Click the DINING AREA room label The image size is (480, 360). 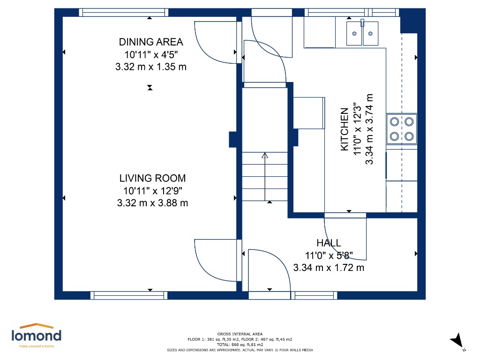pyautogui.click(x=151, y=42)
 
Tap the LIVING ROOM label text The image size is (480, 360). pyautogui.click(x=152, y=178)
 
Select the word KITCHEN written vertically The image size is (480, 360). pyautogui.click(x=345, y=129)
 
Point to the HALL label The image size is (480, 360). pyautogui.click(x=329, y=243)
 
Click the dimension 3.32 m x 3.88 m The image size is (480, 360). pyautogui.click(x=152, y=203)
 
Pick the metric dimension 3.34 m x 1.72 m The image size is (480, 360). pyautogui.click(x=329, y=268)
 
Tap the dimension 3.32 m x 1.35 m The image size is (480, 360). pyautogui.click(x=151, y=67)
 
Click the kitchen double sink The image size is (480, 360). pyautogui.click(x=362, y=33)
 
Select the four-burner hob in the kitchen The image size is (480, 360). pyautogui.click(x=402, y=129)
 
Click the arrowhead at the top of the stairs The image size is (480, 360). pyautogui.click(x=265, y=155)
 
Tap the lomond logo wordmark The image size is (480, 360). pyautogui.click(x=37, y=336)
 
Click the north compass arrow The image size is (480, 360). pyautogui.click(x=457, y=340)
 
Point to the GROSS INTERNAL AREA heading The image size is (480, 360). pyautogui.click(x=240, y=334)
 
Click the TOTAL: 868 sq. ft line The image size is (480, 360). pyautogui.click(x=240, y=345)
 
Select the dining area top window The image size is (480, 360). pyautogui.click(x=124, y=13)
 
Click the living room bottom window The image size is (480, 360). pyautogui.click(x=129, y=295)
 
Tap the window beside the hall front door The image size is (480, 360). pyautogui.click(x=314, y=295)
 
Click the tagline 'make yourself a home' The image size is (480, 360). pyautogui.click(x=37, y=346)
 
